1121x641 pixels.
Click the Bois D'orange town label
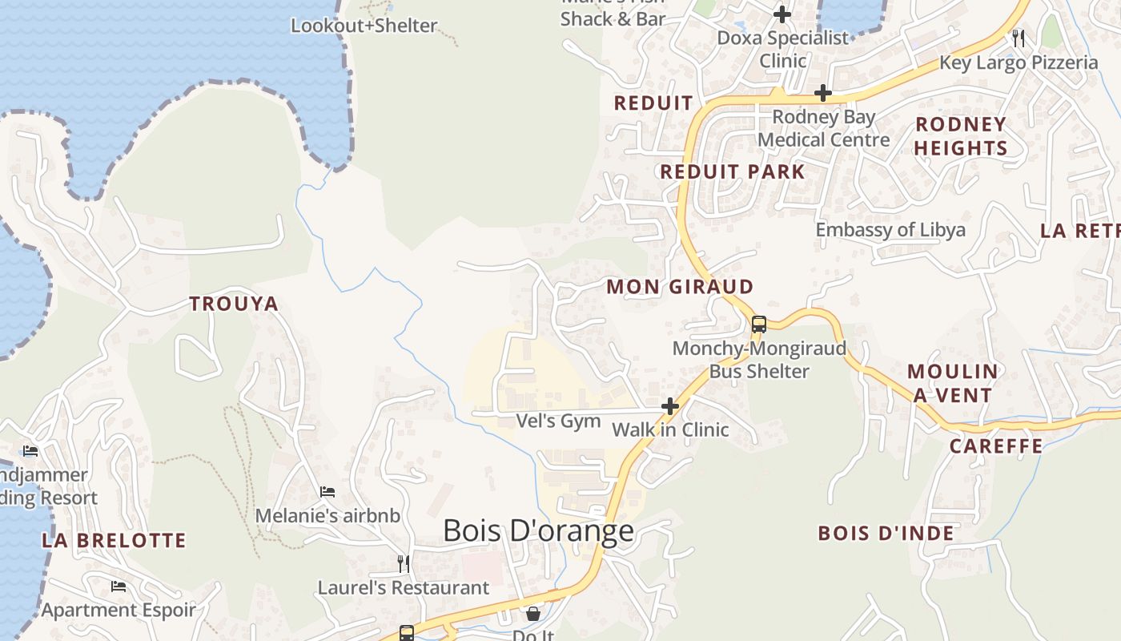point(538,530)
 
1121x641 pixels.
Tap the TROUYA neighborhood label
point(234,304)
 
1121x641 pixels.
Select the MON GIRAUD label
point(680,287)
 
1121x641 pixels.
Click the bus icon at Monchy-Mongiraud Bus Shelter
point(758,325)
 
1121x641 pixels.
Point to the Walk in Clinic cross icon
point(670,407)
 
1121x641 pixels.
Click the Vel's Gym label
point(558,421)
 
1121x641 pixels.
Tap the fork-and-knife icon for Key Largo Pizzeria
point(1018,38)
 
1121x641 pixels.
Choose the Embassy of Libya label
point(890,230)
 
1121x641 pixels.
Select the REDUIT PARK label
point(732,171)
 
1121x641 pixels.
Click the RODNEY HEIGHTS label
point(960,136)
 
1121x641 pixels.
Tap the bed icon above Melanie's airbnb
point(327,491)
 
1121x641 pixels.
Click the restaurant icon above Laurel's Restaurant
point(404,564)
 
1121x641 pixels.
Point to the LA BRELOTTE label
point(114,541)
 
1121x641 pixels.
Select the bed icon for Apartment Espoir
point(119,587)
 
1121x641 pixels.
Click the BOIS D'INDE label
point(886,534)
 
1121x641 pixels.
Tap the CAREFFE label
point(996,446)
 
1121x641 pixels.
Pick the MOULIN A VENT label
point(953,383)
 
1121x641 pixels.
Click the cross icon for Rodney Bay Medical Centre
point(822,94)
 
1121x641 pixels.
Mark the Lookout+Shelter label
point(364,26)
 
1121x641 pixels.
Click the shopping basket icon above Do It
point(532,614)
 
